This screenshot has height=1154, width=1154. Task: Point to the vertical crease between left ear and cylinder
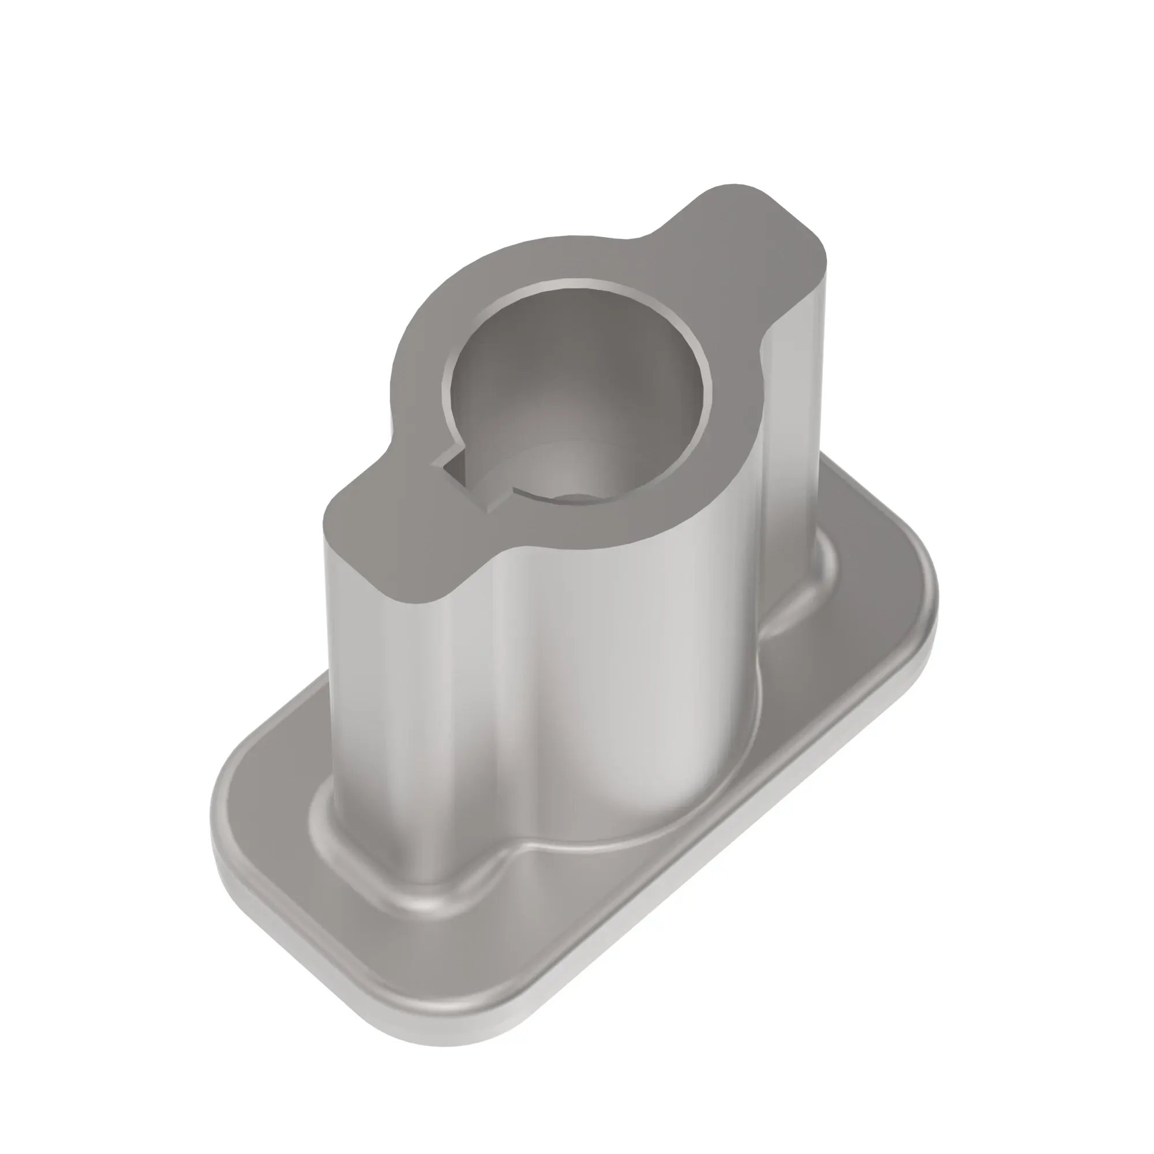coord(499,687)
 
